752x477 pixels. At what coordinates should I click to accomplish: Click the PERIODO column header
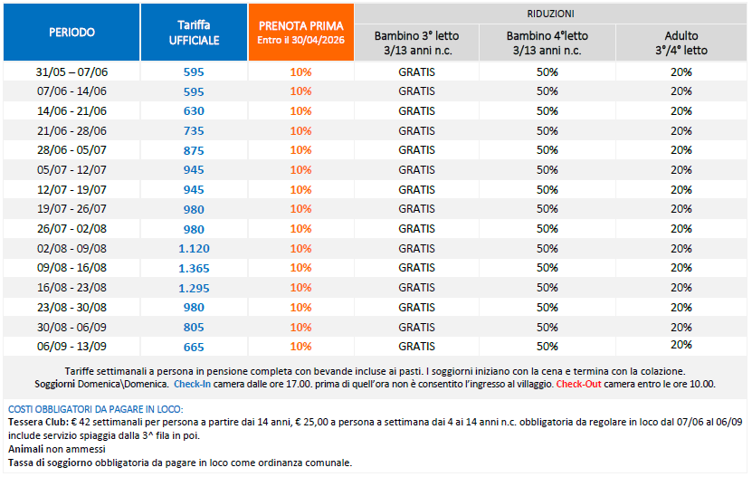pyautogui.click(x=71, y=32)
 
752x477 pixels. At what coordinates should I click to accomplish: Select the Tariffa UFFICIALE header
pyautogui.click(x=194, y=32)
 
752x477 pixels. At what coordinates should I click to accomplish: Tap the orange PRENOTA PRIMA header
pyautogui.click(x=300, y=32)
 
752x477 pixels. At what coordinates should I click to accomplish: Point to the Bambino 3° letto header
pyautogui.click(x=416, y=43)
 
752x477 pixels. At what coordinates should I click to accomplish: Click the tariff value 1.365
pyautogui.click(x=194, y=268)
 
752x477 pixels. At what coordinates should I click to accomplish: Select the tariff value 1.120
pyautogui.click(x=194, y=248)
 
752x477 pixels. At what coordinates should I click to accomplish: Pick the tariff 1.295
pyautogui.click(x=194, y=288)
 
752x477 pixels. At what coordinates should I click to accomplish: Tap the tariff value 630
pyautogui.click(x=194, y=110)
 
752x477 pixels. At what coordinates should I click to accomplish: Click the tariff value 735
pyautogui.click(x=194, y=130)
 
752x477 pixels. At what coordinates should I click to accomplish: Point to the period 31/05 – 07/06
pyautogui.click(x=71, y=72)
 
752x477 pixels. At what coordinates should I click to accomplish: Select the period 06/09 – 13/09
pyautogui.click(x=71, y=347)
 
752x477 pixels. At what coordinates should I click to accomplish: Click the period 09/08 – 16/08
pyautogui.click(x=71, y=268)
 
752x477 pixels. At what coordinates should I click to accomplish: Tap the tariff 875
pyautogui.click(x=194, y=150)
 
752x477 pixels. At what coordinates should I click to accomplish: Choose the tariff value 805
pyautogui.click(x=194, y=327)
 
